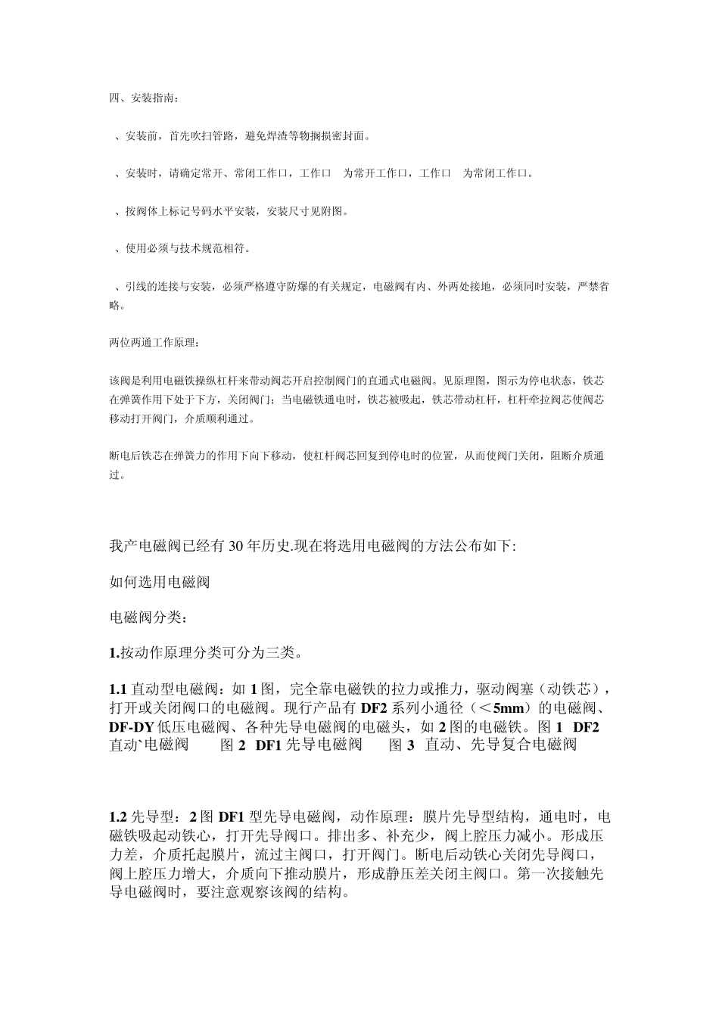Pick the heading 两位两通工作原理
pyautogui.click(x=155, y=344)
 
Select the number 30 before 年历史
pyautogui.click(x=232, y=546)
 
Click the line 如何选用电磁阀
pyautogui.click(x=160, y=582)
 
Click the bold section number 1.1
pyautogui.click(x=118, y=689)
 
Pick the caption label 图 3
pyautogui.click(x=401, y=745)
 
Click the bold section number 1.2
pyautogui.click(x=118, y=817)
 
